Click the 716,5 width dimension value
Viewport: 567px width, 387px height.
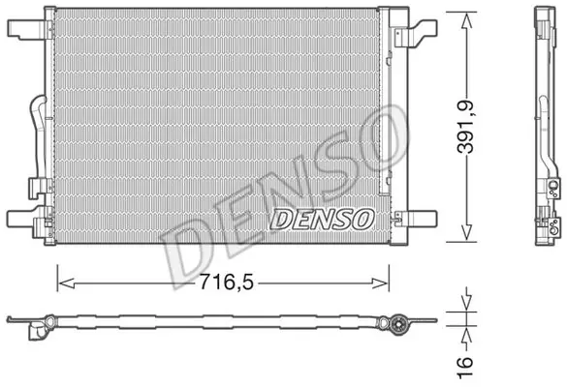227,282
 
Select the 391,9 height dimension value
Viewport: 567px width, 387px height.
466,127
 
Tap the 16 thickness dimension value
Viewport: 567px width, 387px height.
465,368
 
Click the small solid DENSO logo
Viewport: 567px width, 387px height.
322,219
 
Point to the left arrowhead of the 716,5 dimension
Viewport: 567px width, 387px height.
66,283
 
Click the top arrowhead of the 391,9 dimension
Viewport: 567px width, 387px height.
466,20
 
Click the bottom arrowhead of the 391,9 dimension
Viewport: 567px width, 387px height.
466,232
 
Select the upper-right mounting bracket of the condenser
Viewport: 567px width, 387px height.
416,33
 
